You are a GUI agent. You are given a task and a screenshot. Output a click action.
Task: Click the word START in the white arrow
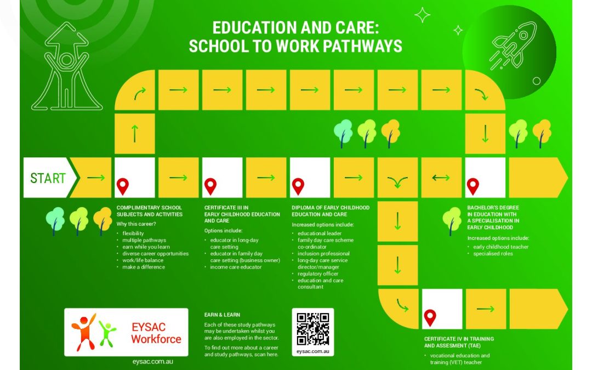(x=48, y=178)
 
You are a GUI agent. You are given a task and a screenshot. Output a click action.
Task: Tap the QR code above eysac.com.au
(x=312, y=328)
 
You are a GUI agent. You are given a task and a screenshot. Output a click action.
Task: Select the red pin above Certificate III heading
(x=210, y=186)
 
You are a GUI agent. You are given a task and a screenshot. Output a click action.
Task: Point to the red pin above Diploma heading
(x=298, y=186)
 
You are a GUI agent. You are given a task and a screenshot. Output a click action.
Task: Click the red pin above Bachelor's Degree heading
(x=473, y=186)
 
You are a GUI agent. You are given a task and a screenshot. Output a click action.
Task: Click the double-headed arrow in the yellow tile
(x=441, y=177)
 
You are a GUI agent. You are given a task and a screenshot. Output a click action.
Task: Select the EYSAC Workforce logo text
(x=156, y=333)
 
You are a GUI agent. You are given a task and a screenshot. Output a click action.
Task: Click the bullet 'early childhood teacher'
(x=500, y=247)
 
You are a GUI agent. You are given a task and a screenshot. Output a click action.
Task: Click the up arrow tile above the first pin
(x=134, y=134)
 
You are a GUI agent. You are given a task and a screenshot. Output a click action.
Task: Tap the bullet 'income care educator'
(x=236, y=267)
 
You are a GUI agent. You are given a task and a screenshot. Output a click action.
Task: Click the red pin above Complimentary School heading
(x=123, y=186)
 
